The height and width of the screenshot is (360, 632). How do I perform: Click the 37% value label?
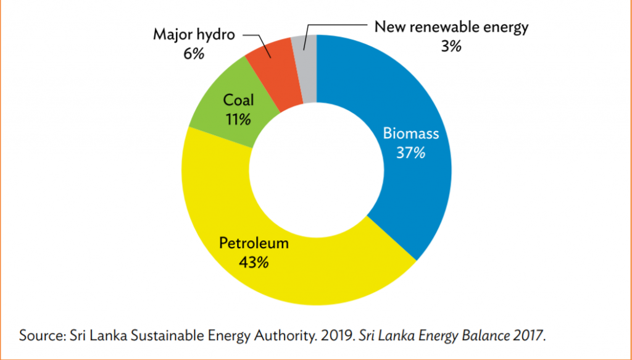tap(410, 151)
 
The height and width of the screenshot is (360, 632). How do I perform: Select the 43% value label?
tap(254, 262)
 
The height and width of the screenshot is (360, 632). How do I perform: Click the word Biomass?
tap(410, 133)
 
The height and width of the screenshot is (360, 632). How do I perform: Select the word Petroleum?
tap(254, 243)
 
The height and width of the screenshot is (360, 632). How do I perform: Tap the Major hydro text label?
tap(194, 35)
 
